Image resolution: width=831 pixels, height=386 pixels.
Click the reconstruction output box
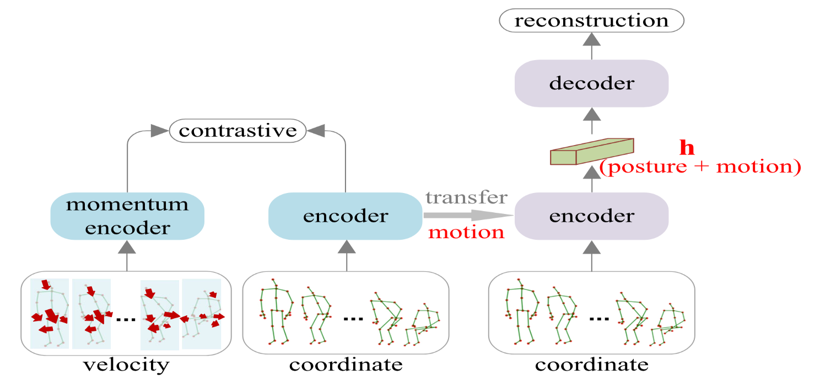[x=591, y=21]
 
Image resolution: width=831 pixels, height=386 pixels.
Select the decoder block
[x=591, y=84]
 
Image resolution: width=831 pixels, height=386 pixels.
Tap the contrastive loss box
[x=237, y=131]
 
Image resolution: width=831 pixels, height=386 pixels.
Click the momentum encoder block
[x=127, y=216]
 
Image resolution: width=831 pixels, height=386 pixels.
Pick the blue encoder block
[x=346, y=216]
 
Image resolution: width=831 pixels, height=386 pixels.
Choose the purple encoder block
[x=591, y=216]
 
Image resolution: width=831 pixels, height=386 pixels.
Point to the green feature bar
[x=592, y=151]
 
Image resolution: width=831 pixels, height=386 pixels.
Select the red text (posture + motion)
[x=699, y=167]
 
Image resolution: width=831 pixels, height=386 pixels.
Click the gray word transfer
[x=466, y=197]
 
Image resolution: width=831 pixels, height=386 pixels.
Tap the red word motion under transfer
[x=467, y=232]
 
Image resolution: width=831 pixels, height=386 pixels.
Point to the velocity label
[x=126, y=365]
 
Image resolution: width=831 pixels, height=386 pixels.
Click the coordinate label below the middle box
[x=346, y=365]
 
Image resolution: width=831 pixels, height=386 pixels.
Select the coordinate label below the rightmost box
[x=591, y=365]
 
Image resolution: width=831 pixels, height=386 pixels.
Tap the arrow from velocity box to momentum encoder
[x=127, y=256]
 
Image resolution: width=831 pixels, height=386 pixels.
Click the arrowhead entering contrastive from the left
[x=160, y=131]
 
